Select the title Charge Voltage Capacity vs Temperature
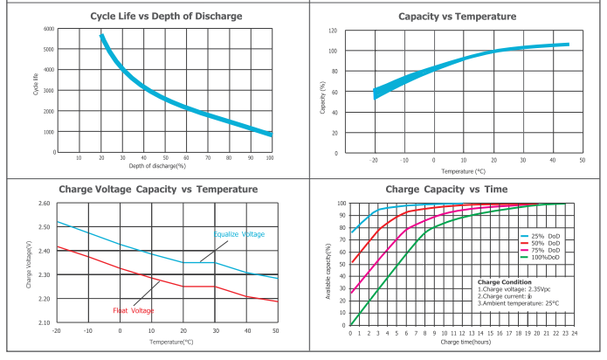(x=158, y=189)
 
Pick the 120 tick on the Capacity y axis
(x=332, y=31)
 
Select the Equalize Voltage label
(x=238, y=234)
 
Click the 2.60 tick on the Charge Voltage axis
(x=45, y=204)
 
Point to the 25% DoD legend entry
(x=546, y=236)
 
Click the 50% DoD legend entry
(x=546, y=243)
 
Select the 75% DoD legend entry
(x=546, y=250)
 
